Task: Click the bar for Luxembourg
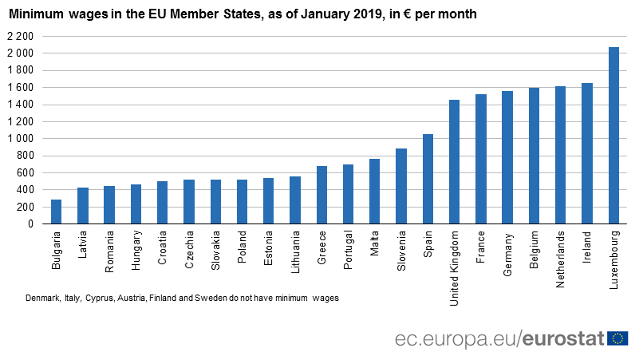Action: coord(613,136)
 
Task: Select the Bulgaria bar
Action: coord(56,212)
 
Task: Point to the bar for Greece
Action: coord(321,195)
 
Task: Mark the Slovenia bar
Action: coord(401,186)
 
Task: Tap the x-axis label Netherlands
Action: coord(561,251)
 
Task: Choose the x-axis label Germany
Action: coord(507,248)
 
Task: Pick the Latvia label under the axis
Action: coord(82,243)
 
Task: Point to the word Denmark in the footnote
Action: coord(42,298)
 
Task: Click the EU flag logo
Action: coord(617,338)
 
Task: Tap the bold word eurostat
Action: coord(564,338)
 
